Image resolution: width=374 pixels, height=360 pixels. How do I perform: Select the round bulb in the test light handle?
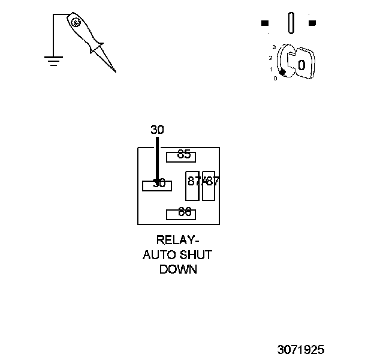tap(76, 22)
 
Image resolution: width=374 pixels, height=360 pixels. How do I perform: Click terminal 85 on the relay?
tap(182, 155)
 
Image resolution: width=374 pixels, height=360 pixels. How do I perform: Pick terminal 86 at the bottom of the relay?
tap(182, 213)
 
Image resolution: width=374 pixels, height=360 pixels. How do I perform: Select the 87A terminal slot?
tap(192, 185)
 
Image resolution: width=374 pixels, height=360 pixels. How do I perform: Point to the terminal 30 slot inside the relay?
tap(156, 185)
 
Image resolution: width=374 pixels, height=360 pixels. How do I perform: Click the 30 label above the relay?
tap(157, 130)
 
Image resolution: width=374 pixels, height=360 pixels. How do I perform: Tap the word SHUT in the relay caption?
tap(196, 255)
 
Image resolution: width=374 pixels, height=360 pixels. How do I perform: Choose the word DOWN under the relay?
tap(178, 269)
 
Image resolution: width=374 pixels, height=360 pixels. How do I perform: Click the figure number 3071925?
tap(301, 349)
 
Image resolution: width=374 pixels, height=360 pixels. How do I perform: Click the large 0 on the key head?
tap(301, 64)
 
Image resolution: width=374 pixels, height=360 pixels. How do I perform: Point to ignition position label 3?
tap(273, 47)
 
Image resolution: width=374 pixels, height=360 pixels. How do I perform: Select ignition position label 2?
tap(271, 58)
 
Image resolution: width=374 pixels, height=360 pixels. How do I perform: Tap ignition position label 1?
tap(272, 69)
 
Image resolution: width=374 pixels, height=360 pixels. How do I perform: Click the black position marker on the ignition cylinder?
tap(282, 73)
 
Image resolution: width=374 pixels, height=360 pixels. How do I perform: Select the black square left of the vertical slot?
tap(265, 23)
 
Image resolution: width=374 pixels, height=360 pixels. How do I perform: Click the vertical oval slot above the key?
tap(291, 24)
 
